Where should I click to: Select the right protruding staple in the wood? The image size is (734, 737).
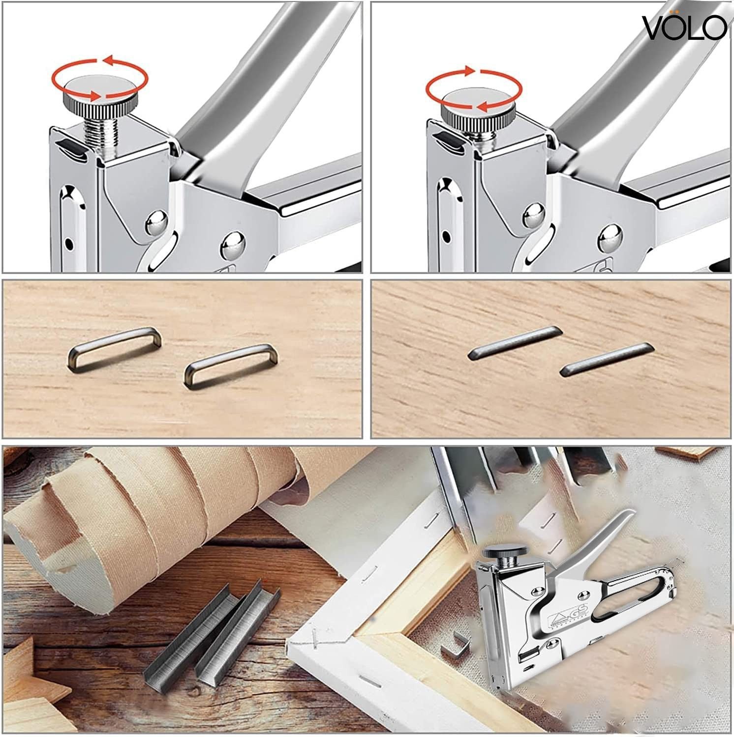tap(231, 364)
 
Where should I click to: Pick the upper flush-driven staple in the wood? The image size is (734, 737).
tap(514, 343)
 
